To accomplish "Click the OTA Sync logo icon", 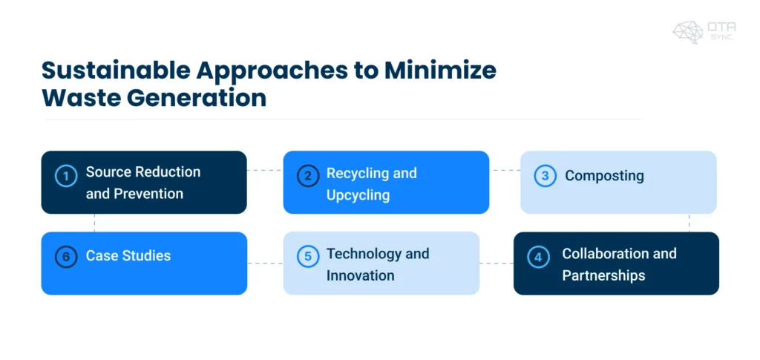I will tap(688, 32).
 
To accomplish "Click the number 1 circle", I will tap(67, 177).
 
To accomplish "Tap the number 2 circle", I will tap(307, 177).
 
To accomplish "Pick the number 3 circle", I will tap(545, 176).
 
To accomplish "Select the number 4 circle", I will tap(537, 258).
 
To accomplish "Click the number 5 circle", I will tap(307, 258).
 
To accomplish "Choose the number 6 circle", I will tap(67, 257).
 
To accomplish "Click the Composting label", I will tap(604, 176).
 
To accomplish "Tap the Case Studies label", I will tap(128, 256).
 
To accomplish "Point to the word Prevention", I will tap(148, 194).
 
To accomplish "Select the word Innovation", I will tap(361, 275).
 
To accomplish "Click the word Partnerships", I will tap(603, 275).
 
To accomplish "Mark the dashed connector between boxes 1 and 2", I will tap(265, 170).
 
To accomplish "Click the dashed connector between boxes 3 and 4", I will tap(689, 223).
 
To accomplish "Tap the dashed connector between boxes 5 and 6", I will tap(265, 263).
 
